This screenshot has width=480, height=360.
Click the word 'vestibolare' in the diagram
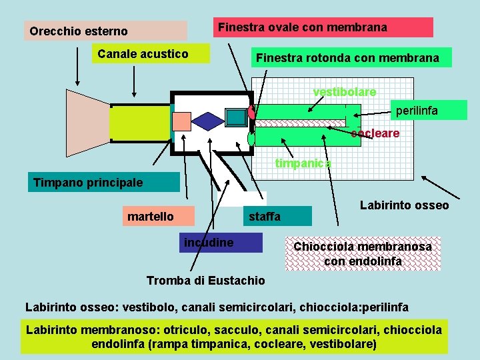[x=345, y=91]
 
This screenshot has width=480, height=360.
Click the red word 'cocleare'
[x=375, y=133]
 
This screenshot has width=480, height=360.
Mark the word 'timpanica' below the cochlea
[x=303, y=163]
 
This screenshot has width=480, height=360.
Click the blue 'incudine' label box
[x=221, y=243]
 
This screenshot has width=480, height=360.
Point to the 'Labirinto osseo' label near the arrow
[x=404, y=205]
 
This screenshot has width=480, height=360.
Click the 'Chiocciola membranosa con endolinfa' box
[x=363, y=254]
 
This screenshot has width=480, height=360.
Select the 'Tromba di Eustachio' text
[x=205, y=280]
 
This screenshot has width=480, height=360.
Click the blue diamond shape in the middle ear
[x=207, y=121]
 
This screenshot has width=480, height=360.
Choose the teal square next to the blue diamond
[x=236, y=117]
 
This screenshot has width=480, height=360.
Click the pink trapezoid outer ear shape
[x=87, y=123]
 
